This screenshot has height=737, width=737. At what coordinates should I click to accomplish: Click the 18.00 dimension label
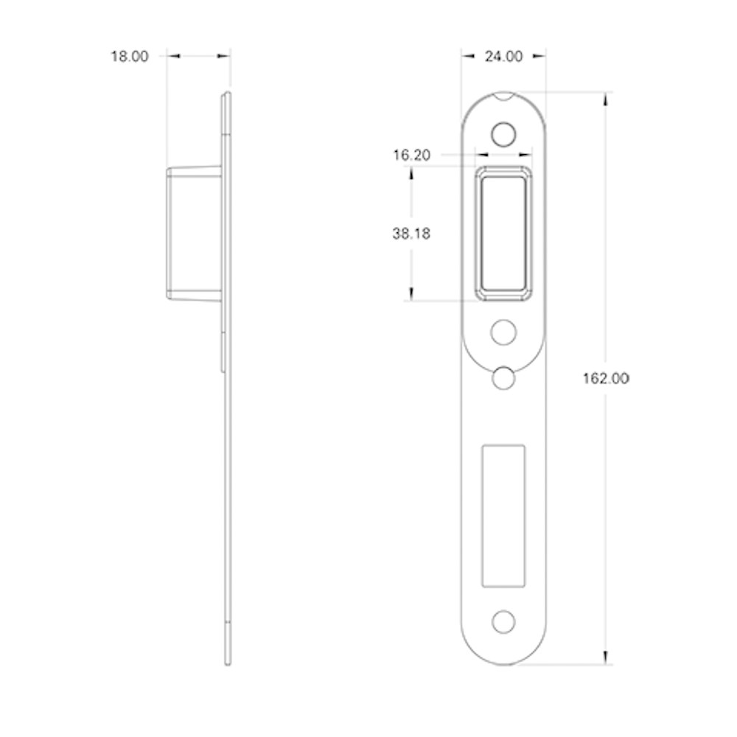(129, 57)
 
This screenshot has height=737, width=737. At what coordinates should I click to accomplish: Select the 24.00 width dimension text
(503, 57)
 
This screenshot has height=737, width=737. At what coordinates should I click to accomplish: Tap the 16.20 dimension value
(411, 155)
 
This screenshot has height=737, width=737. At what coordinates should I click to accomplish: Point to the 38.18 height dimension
(411, 234)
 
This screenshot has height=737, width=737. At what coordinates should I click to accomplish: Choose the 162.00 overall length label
(606, 378)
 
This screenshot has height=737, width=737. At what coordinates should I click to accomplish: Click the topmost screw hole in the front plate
(503, 134)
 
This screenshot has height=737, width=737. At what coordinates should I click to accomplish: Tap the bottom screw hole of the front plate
(503, 622)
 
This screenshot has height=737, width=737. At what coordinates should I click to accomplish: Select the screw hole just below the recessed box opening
(503, 332)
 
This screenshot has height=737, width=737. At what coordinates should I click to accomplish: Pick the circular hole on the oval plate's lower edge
(503, 378)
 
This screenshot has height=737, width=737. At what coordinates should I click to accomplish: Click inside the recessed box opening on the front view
(503, 234)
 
